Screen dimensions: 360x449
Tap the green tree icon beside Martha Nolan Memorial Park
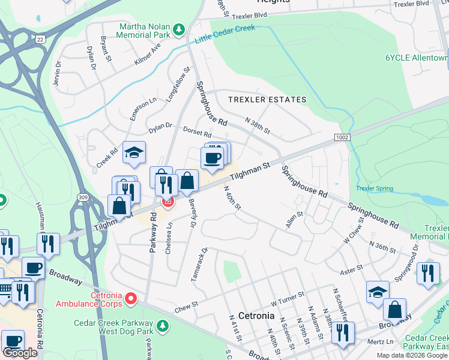click(178, 29)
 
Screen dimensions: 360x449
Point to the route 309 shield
click(83, 197)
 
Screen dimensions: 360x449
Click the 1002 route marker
click(342, 137)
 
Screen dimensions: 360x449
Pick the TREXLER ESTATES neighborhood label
click(267, 100)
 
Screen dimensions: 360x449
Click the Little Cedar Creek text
click(225, 34)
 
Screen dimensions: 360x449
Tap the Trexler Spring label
click(374, 188)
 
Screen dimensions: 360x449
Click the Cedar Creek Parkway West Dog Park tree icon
click(161, 326)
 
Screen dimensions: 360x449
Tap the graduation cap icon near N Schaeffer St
click(378, 292)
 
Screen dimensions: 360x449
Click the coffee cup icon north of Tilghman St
click(211, 158)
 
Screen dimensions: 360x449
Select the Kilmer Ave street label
click(148, 53)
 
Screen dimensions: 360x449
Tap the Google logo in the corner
click(20, 353)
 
